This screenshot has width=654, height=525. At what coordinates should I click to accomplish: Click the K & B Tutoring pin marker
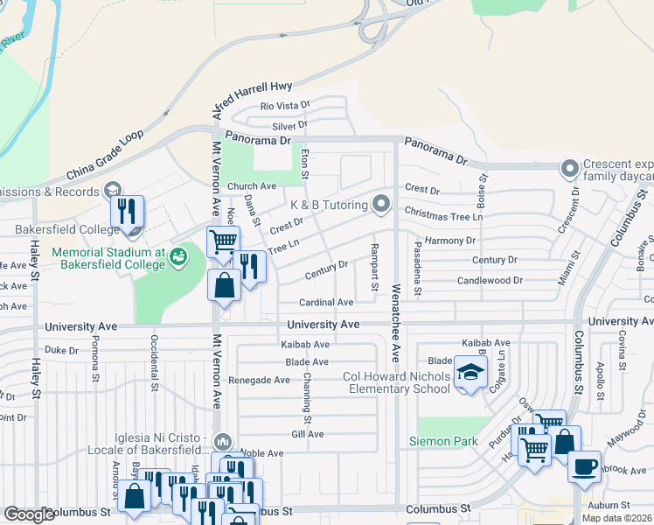380,204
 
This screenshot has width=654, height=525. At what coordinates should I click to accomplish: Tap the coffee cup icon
584,465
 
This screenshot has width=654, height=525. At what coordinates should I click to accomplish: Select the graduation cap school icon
470,374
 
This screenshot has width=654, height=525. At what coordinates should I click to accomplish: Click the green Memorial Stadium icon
178,255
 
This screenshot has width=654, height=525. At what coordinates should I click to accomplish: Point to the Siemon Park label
443,442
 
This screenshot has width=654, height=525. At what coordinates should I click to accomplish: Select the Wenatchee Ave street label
396,323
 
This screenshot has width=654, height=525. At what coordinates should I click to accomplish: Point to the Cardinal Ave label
326,302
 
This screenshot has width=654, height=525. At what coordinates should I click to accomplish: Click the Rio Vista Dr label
285,106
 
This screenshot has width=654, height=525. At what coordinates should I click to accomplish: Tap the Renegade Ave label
259,381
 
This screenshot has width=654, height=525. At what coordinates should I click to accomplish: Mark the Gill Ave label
308,434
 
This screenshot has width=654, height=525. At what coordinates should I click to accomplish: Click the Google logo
29,514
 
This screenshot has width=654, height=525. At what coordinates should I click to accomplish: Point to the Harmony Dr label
449,241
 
